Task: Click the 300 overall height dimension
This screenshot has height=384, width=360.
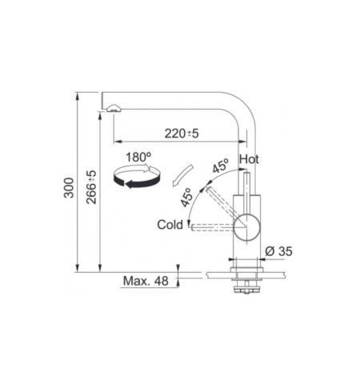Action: click(69, 188)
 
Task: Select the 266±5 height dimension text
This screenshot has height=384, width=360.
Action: click(91, 187)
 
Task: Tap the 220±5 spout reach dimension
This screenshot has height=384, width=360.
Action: click(182, 134)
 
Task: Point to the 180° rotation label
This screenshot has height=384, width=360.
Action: click(138, 157)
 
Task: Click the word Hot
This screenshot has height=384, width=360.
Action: click(249, 159)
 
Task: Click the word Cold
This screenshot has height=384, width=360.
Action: click(170, 225)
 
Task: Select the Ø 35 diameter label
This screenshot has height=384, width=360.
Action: click(278, 251)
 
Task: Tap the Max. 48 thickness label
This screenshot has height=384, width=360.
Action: click(146, 281)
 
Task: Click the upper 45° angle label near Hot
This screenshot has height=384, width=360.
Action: click(221, 166)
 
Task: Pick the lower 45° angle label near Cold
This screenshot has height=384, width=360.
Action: click(186, 198)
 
